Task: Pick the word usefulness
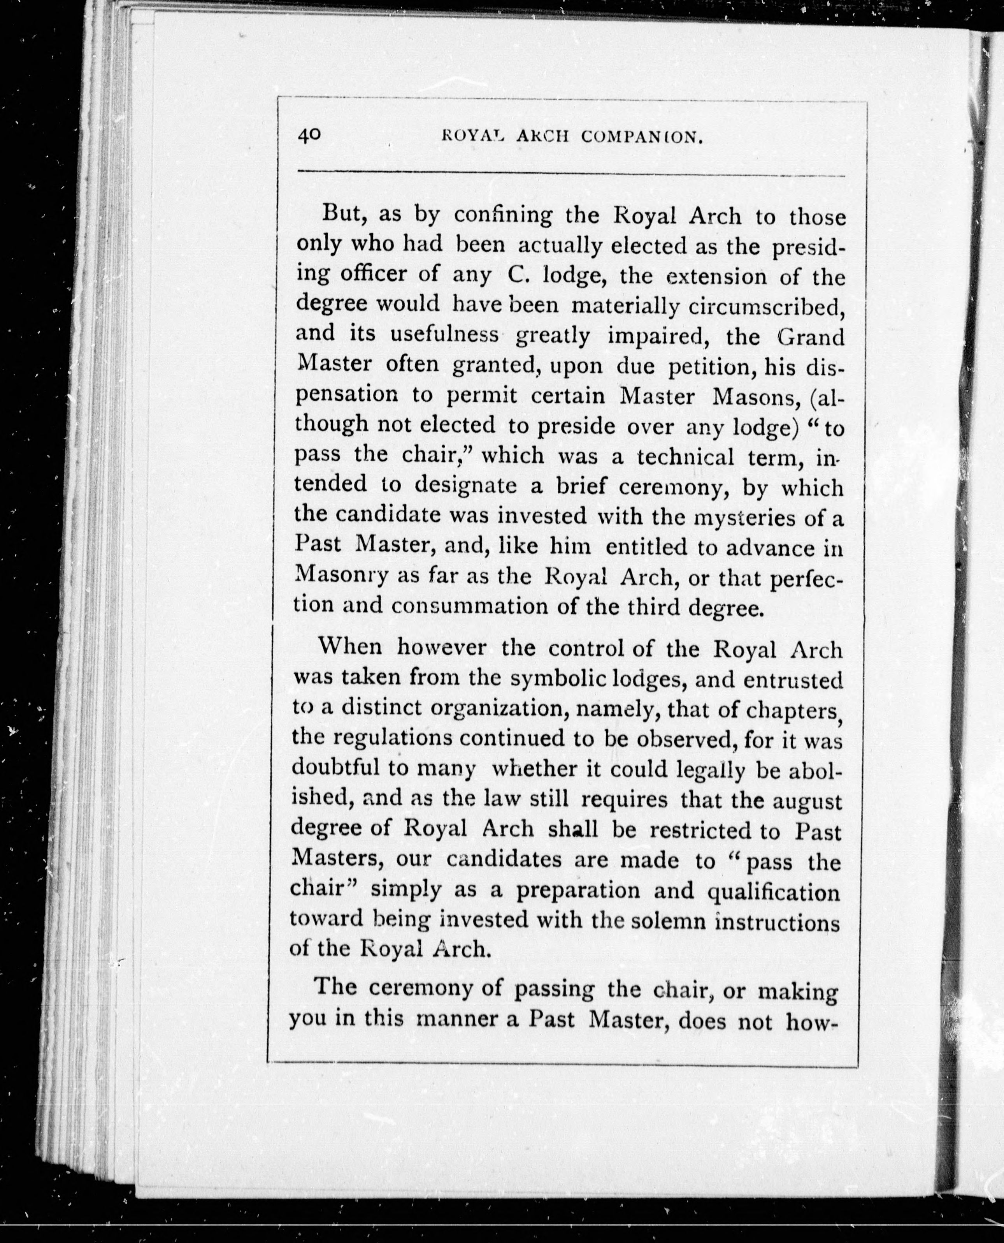click(x=444, y=336)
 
